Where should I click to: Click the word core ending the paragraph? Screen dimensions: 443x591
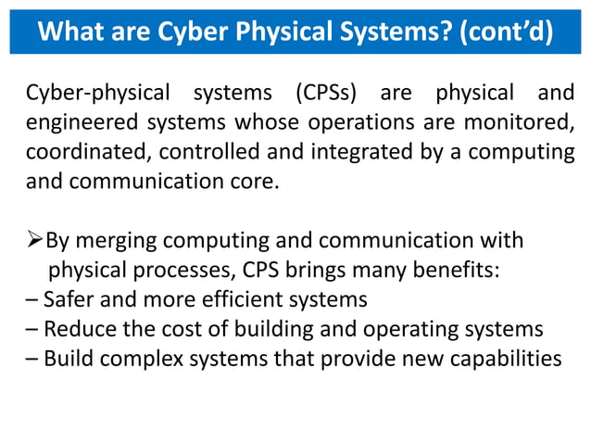254,181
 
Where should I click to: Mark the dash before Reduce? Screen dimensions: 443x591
33,329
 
